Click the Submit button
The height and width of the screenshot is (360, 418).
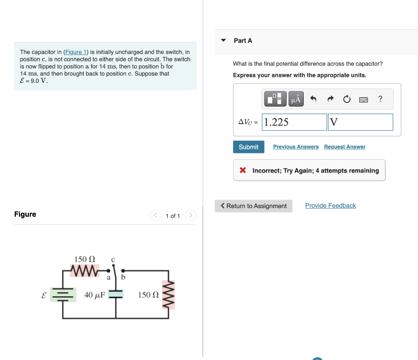249,147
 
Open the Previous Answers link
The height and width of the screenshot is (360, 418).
296,147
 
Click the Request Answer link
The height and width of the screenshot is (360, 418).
345,147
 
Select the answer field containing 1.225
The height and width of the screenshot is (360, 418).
295,122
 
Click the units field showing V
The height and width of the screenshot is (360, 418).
360,122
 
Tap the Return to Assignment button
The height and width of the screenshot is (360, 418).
253,206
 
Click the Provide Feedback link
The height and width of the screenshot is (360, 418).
330,206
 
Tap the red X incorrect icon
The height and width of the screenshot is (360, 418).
243,170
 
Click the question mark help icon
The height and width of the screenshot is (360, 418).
380,99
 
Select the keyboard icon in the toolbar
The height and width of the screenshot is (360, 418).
363,99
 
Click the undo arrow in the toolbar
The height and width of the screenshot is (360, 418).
313,99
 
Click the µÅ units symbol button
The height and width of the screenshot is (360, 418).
296,99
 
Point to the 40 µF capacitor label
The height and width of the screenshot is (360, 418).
94,295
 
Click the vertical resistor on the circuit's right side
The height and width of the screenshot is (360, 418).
168,294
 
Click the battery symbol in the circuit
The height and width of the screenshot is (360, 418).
63,294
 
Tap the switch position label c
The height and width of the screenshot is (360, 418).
113,259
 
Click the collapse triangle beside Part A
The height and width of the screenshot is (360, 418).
223,40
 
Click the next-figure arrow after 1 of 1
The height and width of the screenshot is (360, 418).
191,216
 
